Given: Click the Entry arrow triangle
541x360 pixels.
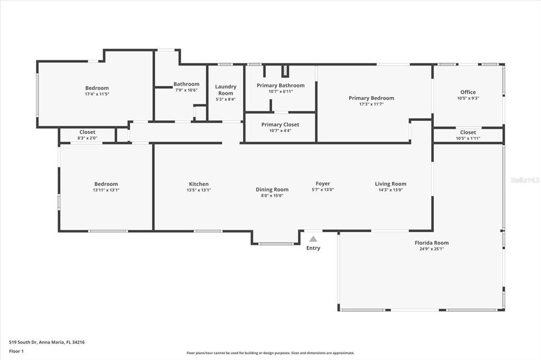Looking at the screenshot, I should (313, 239).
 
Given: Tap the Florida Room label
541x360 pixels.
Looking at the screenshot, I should (432, 243).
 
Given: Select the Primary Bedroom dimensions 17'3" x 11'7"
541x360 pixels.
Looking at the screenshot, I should (371, 105).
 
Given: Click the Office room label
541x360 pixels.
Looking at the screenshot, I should (468, 92).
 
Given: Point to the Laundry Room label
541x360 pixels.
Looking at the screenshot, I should (226, 90).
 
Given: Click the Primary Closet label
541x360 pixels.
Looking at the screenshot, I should (280, 125).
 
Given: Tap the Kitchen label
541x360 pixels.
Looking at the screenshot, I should (199, 184).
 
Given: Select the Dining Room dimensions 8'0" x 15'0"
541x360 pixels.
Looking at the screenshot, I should (272, 195).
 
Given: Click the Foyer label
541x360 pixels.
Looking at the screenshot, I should (323, 184).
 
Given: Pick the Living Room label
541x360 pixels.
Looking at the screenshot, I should (390, 184).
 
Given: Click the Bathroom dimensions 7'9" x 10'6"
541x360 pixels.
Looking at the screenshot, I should (186, 90).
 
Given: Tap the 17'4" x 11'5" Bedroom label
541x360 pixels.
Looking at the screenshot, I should (97, 88).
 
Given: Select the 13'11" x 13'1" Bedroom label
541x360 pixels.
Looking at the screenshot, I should (106, 184).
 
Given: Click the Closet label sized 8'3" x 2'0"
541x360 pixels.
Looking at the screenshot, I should (87, 132).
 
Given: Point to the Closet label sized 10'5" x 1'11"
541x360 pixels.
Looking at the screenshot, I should (468, 132).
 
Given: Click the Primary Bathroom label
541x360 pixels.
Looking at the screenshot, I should (281, 85).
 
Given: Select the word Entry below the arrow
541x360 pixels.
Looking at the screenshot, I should (313, 248).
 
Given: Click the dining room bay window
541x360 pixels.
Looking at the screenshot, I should (276, 243).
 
